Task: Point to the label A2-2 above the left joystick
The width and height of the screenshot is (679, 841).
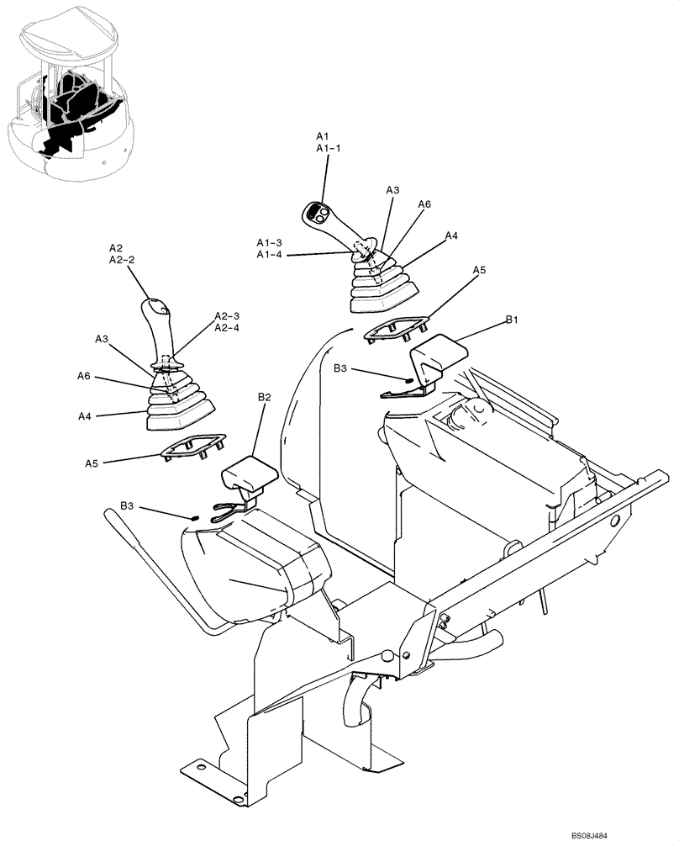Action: coord(122,261)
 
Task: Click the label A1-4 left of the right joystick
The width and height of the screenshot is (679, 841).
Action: coord(270,254)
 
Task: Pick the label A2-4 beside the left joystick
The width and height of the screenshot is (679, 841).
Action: coord(227,328)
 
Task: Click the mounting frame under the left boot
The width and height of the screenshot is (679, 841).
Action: coord(192,445)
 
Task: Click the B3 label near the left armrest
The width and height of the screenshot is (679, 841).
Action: coord(128,505)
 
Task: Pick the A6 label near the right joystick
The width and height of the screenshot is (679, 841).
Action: coord(424,204)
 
